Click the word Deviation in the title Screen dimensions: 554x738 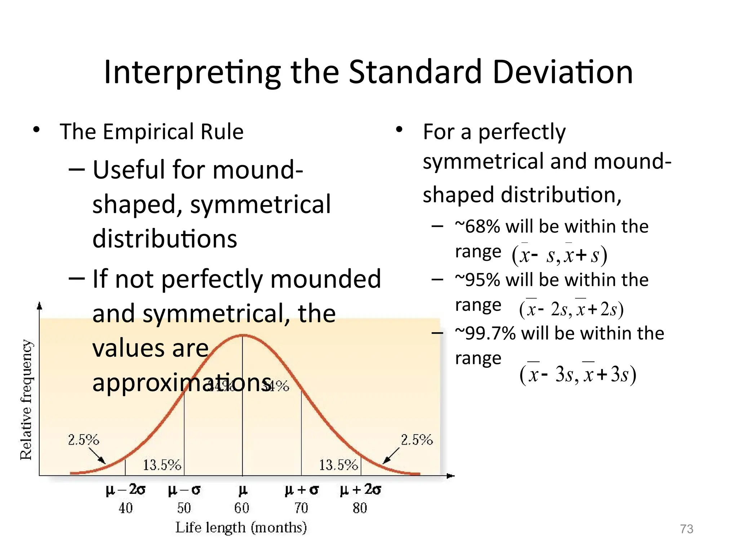coord(562,72)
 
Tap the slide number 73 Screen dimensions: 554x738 coord(686,529)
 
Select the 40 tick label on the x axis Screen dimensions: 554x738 coord(125,508)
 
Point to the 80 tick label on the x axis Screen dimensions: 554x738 coord(360,508)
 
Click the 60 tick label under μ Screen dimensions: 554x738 coord(242,508)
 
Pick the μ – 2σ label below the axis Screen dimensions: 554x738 coord(125,490)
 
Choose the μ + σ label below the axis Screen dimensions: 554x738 coord(302,490)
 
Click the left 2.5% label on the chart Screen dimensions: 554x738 coord(83,440)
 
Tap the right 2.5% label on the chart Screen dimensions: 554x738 coord(417,440)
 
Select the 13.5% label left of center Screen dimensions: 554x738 coord(162,465)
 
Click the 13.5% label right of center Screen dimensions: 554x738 coord(338,465)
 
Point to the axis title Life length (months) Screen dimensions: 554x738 coord(241,527)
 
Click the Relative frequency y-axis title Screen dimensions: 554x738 coord(26,400)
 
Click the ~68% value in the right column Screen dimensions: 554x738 coord(477,227)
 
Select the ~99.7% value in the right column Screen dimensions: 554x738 coord(485,333)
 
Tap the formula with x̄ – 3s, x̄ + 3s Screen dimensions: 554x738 coord(578,374)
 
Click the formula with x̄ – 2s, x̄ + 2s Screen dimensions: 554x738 coord(571,309)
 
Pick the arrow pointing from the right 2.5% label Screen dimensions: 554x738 coord(391,456)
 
